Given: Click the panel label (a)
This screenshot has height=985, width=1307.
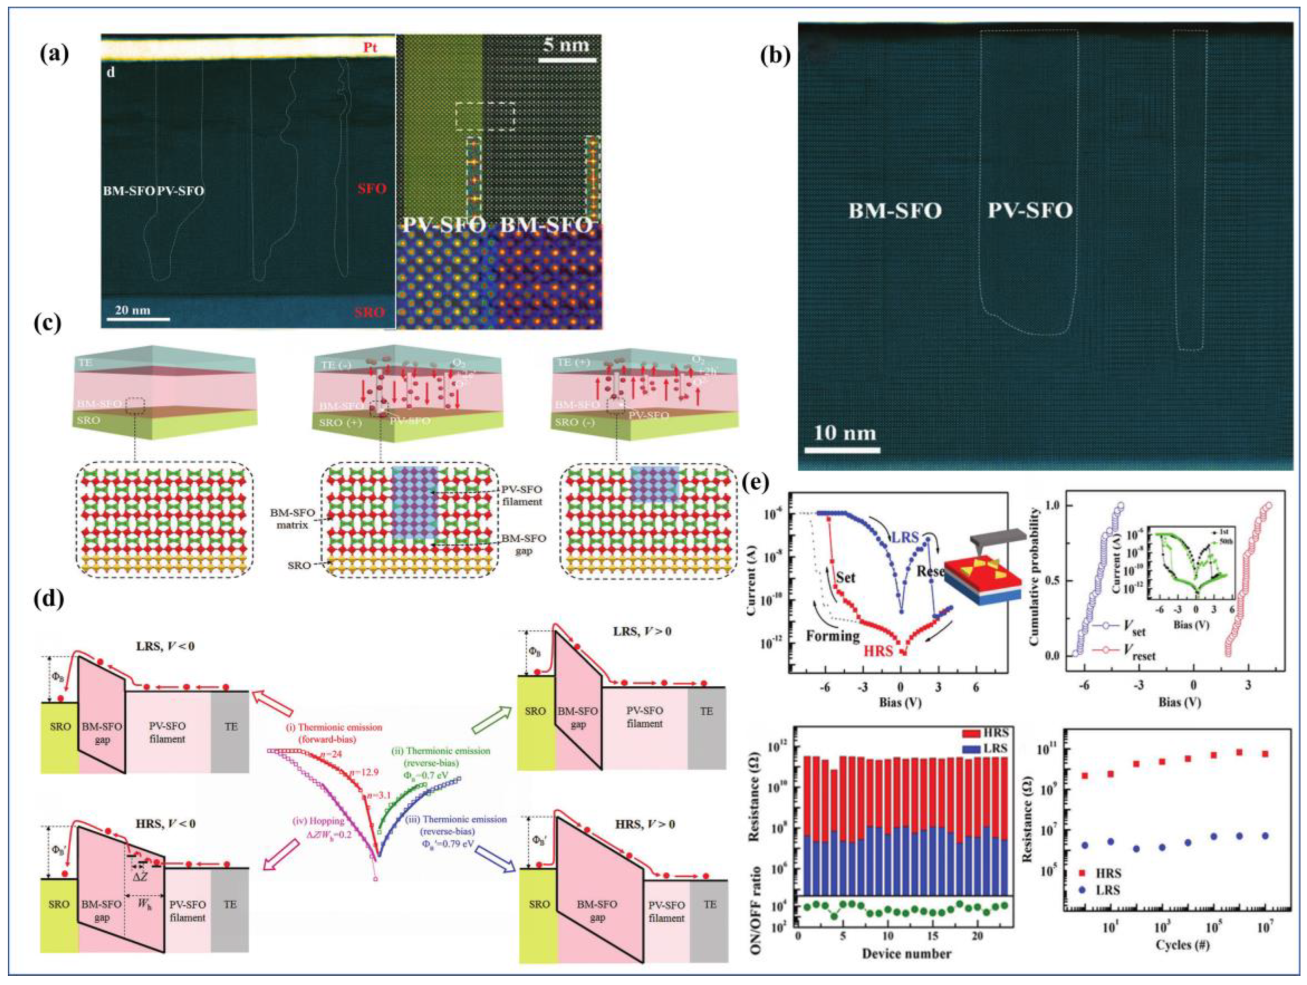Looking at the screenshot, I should pos(54,54).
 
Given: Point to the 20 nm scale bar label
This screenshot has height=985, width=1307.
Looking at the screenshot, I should pos(132,310).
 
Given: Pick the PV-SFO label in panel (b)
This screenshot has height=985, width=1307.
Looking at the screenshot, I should pos(1031,210).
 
